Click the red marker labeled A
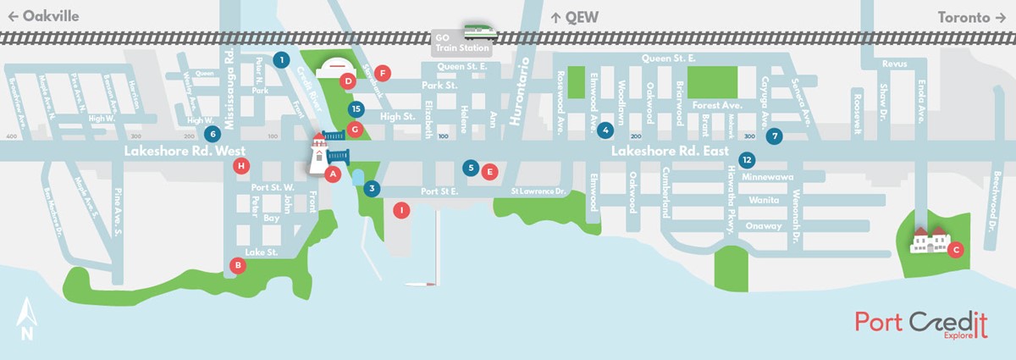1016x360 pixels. point(333,174)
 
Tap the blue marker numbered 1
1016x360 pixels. point(280,59)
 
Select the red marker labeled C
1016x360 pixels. point(956,249)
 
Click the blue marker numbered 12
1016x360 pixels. point(746,159)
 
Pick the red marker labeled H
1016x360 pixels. point(243,165)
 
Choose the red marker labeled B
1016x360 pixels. point(240,265)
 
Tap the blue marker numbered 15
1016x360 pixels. point(356,108)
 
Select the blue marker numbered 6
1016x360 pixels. point(213,133)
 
